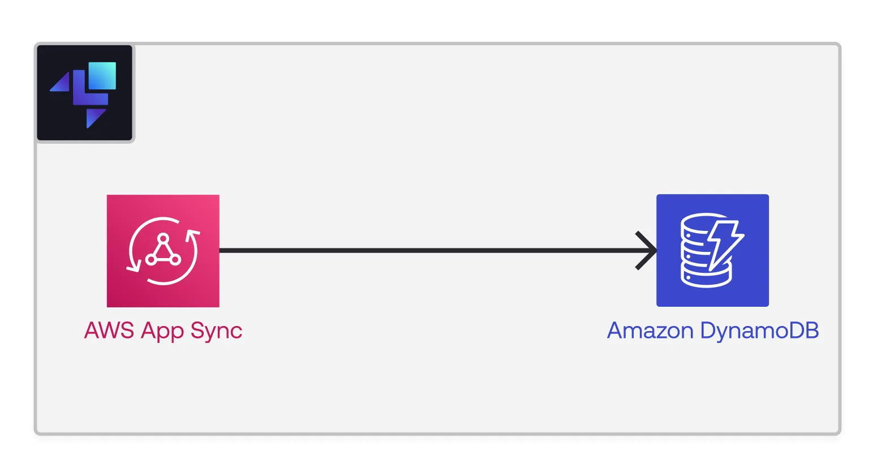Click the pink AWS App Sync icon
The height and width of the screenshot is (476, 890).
163,251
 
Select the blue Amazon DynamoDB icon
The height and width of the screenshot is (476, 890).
712,250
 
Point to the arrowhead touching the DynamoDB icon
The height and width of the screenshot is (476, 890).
648,250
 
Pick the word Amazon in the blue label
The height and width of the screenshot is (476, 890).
650,331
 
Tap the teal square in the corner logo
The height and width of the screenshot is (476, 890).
102,75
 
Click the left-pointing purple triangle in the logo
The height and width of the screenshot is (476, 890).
62,83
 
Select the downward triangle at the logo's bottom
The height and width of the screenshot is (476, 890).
94,118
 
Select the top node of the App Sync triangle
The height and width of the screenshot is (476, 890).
164,238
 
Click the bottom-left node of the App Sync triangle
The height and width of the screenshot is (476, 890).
151,260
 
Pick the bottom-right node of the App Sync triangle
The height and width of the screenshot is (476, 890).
175,260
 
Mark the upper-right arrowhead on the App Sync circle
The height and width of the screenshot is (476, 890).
193,234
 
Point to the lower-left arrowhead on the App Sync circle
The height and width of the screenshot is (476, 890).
133,267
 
